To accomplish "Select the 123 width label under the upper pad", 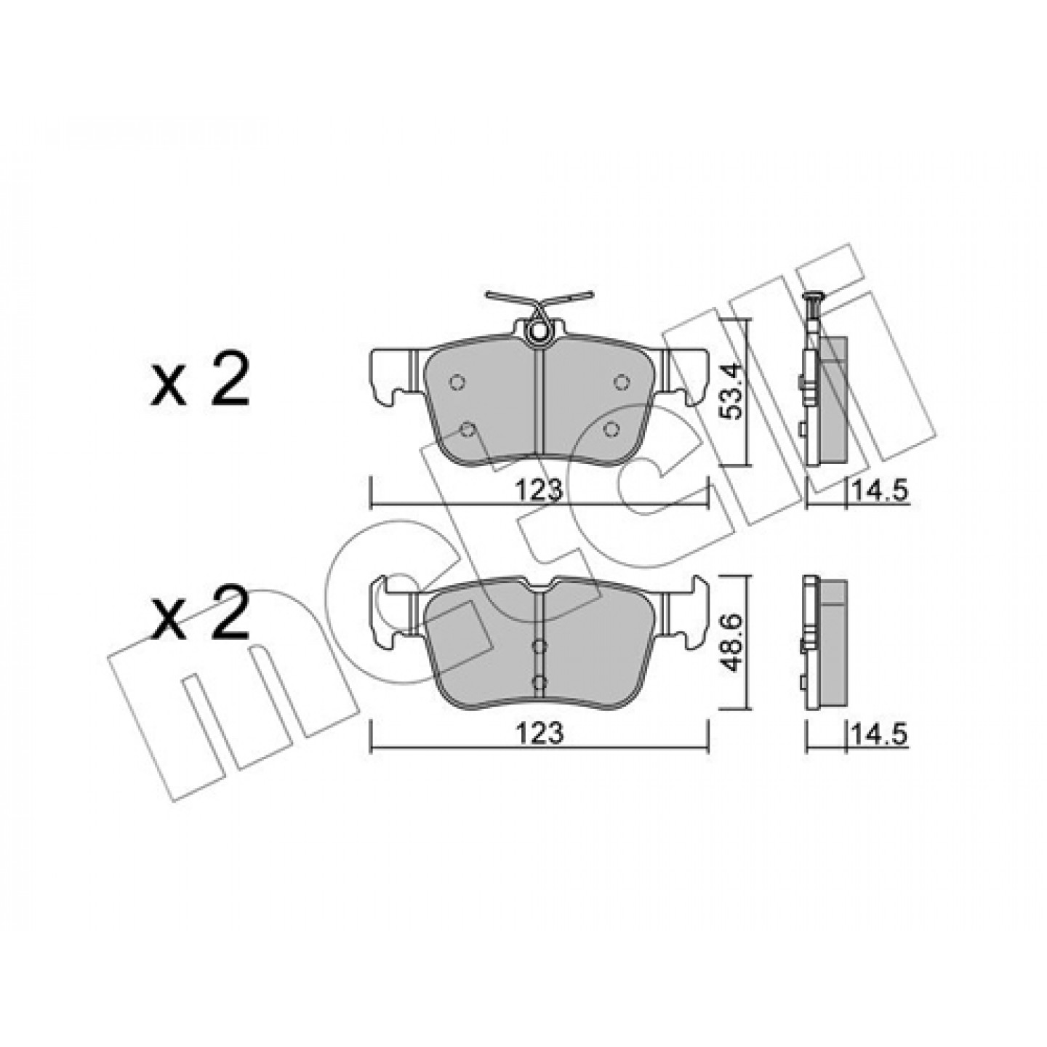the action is [538, 492].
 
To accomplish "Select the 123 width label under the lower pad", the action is [538, 734].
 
